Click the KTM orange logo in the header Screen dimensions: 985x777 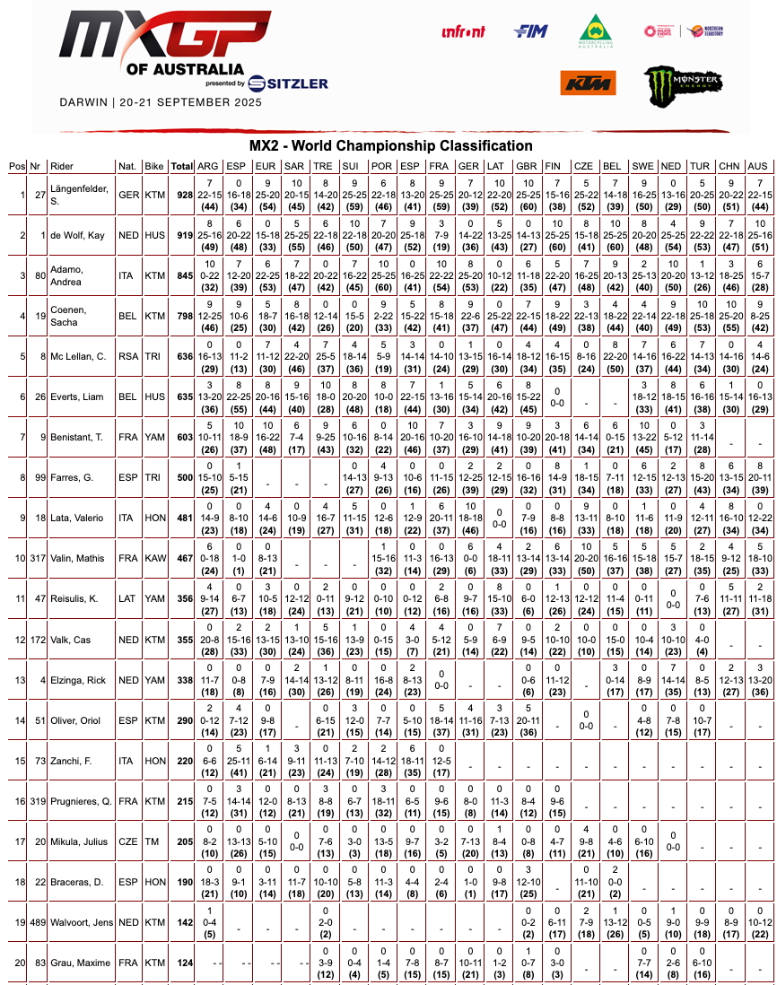point(589,83)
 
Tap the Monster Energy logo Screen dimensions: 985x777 point(684,84)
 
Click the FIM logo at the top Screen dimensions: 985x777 point(530,31)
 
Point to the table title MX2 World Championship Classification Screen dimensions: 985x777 point(390,146)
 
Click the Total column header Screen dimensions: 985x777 point(182,166)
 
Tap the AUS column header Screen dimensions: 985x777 point(758,166)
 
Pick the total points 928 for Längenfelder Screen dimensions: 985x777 point(182,195)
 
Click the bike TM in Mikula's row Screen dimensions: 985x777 point(154,841)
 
